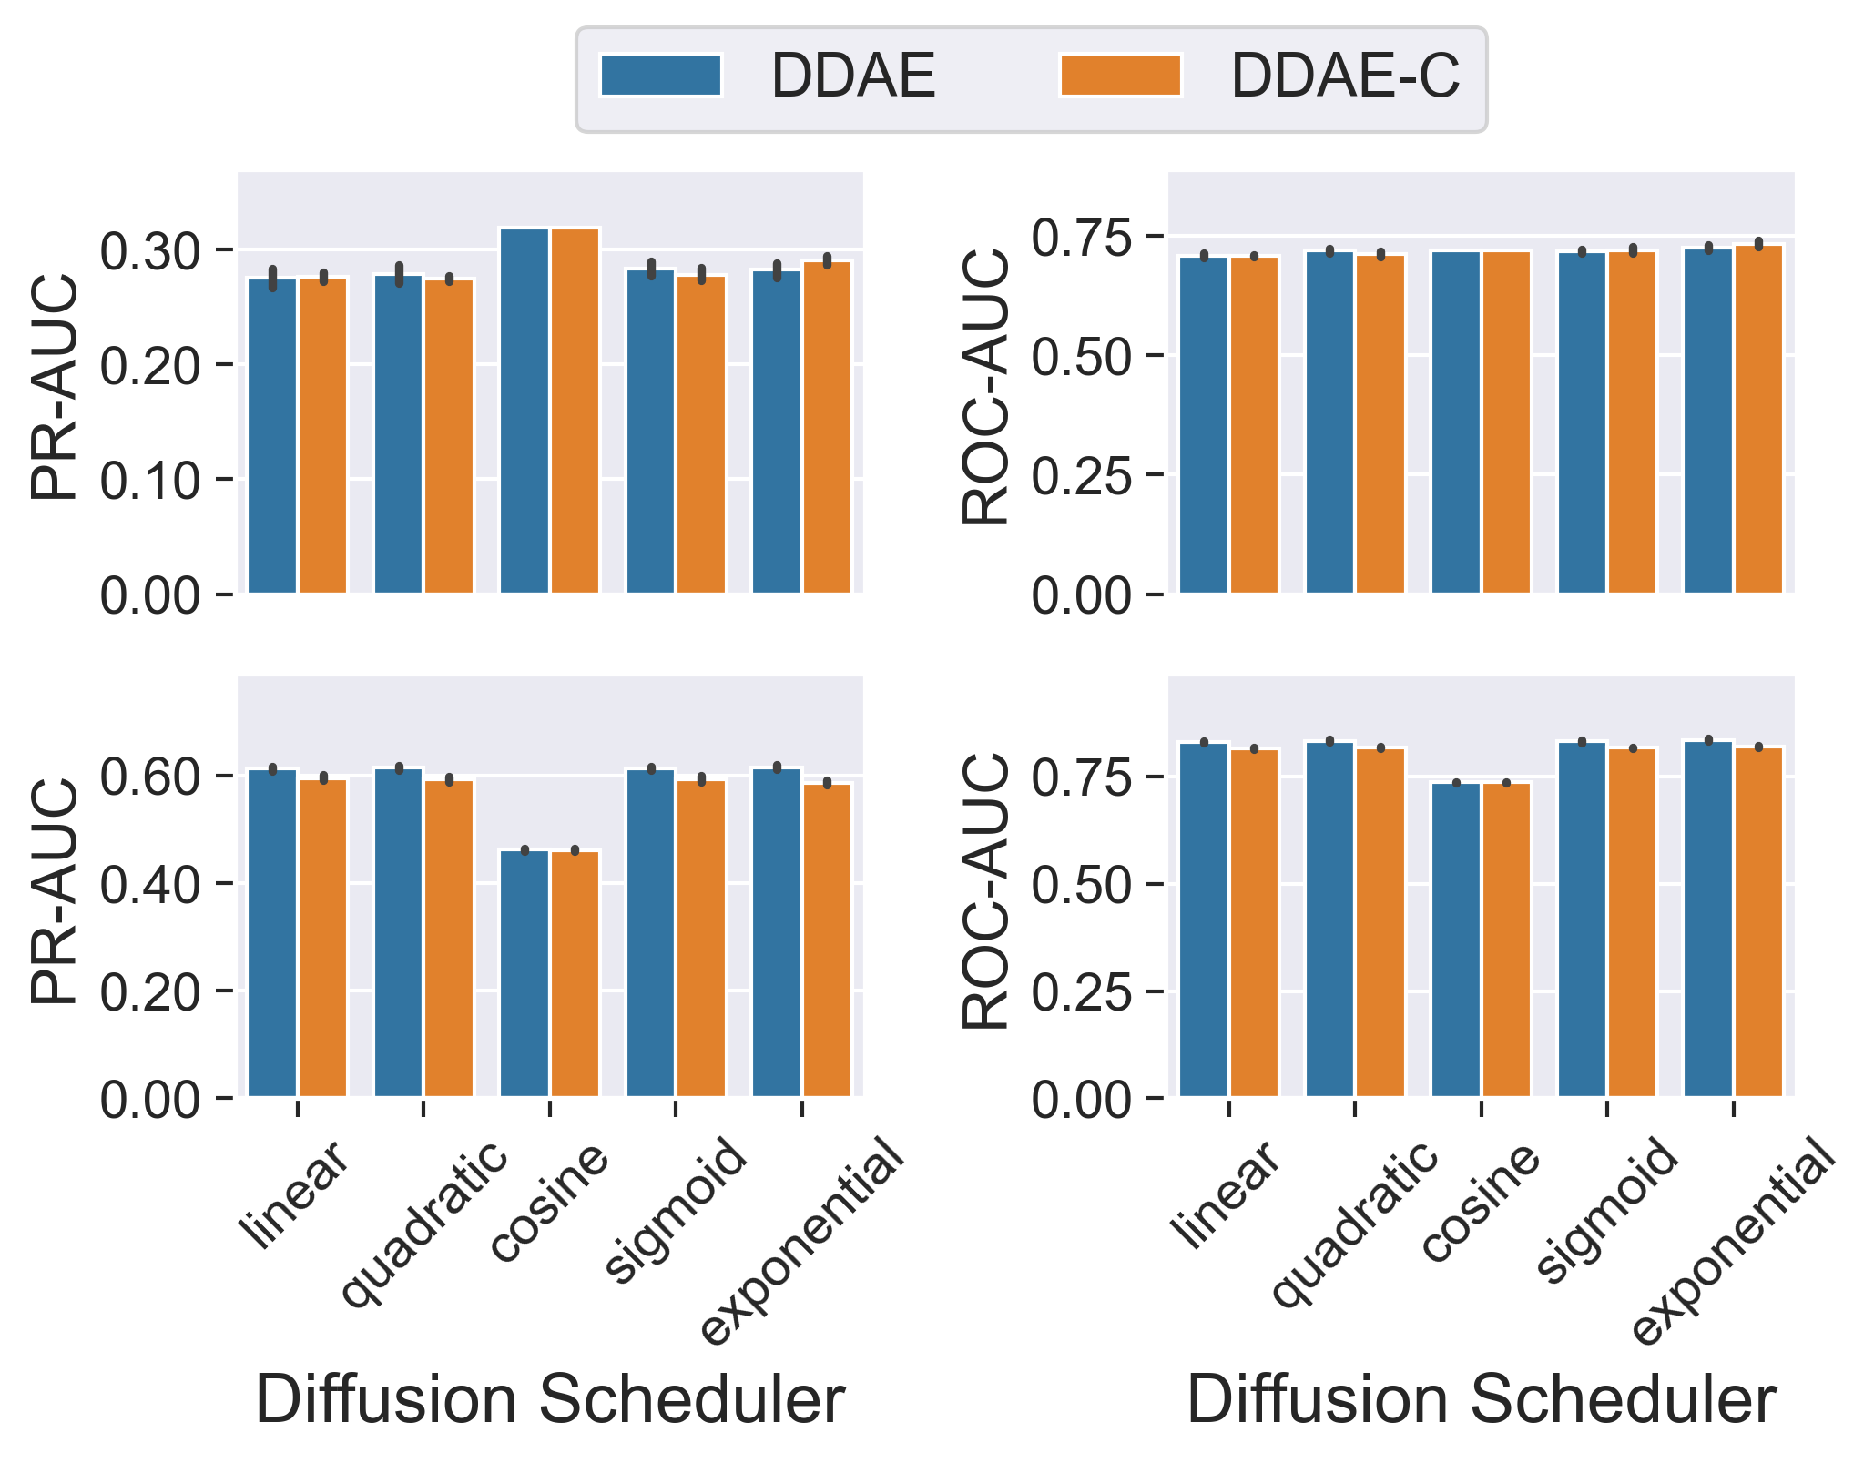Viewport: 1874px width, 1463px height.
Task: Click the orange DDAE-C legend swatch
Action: (1120, 76)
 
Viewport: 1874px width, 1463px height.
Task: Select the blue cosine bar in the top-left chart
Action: (525, 410)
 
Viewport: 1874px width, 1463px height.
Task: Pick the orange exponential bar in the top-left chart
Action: (827, 428)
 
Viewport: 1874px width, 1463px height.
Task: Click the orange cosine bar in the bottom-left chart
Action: (575, 974)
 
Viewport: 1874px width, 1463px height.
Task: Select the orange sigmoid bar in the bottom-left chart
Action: (701, 939)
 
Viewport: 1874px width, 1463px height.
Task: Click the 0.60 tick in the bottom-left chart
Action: (150, 777)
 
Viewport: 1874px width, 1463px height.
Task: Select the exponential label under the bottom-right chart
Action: (1731, 1243)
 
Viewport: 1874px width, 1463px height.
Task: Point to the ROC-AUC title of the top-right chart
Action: (986, 387)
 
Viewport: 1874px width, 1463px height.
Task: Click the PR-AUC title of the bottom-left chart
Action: (55, 892)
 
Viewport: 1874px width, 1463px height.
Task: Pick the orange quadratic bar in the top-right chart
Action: (1380, 424)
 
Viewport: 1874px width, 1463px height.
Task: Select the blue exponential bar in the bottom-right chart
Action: (1708, 919)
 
